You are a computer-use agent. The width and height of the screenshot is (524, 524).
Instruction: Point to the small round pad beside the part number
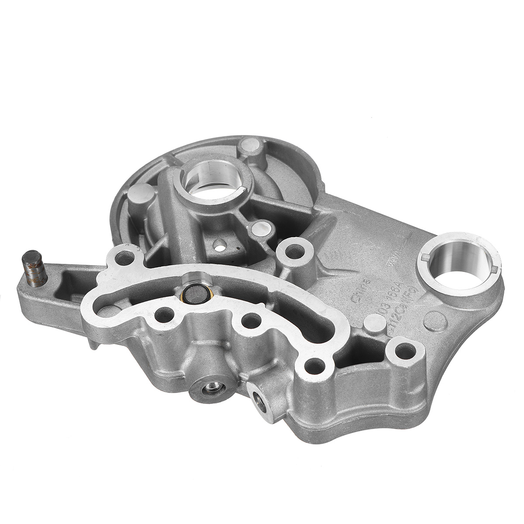coord(372,321)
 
